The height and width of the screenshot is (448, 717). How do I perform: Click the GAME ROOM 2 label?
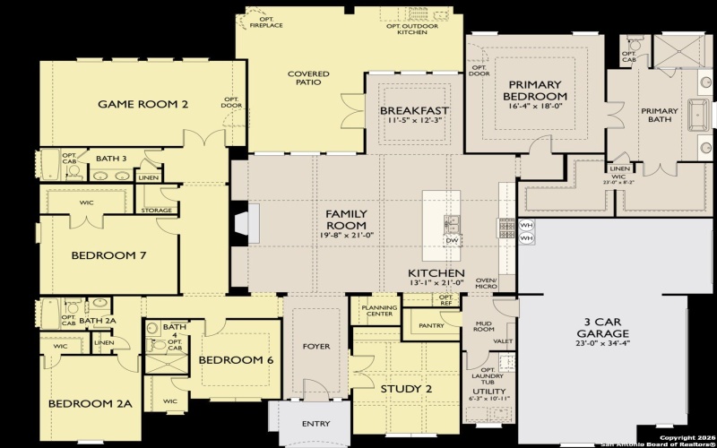(x=143, y=104)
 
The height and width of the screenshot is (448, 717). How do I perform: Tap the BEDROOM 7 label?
(x=109, y=255)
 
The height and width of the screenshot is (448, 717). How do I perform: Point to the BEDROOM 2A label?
(x=91, y=403)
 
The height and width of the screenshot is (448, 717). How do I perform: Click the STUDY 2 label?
(x=406, y=389)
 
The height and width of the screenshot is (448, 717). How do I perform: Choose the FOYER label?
(x=315, y=346)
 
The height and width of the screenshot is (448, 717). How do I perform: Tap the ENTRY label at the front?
(x=315, y=424)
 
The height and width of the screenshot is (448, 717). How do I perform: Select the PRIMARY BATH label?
(x=659, y=116)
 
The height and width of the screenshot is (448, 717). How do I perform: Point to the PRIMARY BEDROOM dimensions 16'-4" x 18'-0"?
(x=534, y=105)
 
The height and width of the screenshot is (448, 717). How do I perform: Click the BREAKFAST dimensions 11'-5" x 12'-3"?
(x=414, y=120)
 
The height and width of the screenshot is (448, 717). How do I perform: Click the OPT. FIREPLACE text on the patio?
(x=264, y=22)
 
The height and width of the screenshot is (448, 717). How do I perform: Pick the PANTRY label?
(x=431, y=325)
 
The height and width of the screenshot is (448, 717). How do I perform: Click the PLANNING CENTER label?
(x=379, y=310)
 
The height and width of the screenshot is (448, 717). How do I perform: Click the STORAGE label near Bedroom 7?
(x=156, y=211)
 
